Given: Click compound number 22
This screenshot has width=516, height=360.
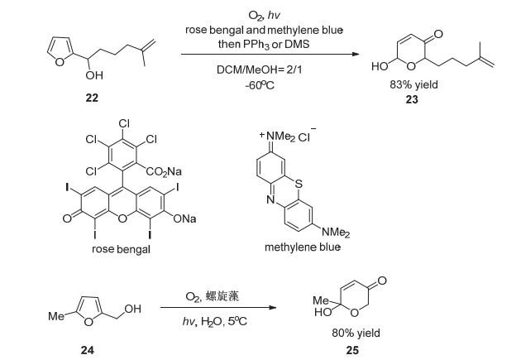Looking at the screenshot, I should pos(90,98).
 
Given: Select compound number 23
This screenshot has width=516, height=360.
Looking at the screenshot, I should pos(411,99).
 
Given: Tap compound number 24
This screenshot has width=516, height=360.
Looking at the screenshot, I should pos(88,349).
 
